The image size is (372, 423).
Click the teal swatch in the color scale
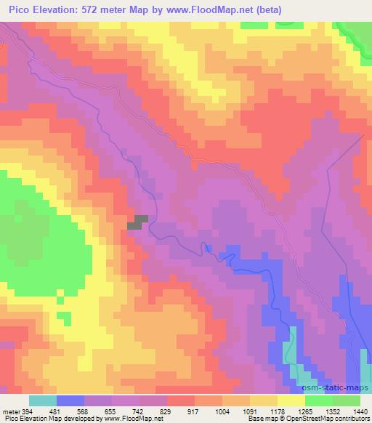[x=42, y=400]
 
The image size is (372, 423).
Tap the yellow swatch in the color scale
[x=291, y=400]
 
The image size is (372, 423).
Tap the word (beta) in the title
[x=262, y=9]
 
